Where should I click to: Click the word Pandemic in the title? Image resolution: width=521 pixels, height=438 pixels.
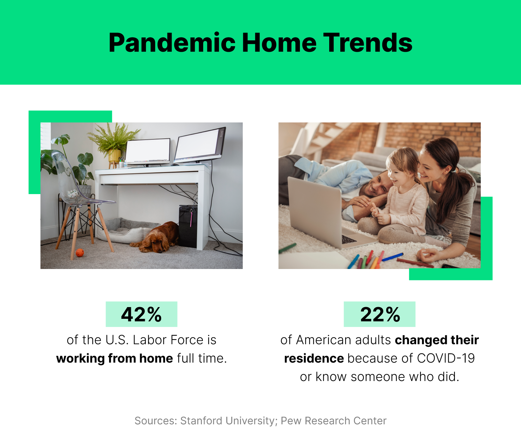tap(172, 43)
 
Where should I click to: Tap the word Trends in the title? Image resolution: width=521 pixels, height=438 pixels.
tap(368, 43)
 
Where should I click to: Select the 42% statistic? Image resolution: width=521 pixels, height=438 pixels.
tap(141, 314)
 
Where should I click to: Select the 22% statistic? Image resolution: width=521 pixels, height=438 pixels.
tap(380, 314)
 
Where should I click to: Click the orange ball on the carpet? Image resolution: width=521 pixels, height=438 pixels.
tap(80, 253)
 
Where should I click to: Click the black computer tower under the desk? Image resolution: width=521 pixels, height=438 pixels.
tap(188, 226)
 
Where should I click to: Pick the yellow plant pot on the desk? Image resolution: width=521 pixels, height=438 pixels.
tap(115, 156)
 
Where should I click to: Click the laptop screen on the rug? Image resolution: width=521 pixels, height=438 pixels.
tap(314, 208)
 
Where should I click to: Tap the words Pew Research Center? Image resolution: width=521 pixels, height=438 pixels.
tap(333, 421)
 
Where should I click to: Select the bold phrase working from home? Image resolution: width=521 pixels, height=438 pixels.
tap(114, 358)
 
